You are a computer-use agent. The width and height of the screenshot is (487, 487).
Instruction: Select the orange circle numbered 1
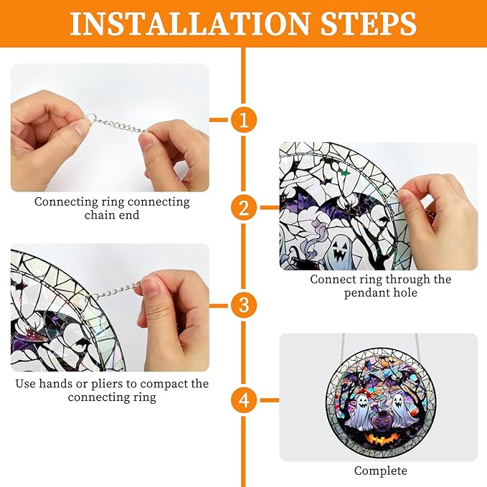243,120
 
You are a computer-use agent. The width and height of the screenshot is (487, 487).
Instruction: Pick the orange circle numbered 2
243,208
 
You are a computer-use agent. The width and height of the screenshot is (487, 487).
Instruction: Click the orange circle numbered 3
243,305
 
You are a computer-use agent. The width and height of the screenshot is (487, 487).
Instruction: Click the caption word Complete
380,471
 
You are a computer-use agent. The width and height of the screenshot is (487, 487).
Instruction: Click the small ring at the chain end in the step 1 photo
91,119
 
